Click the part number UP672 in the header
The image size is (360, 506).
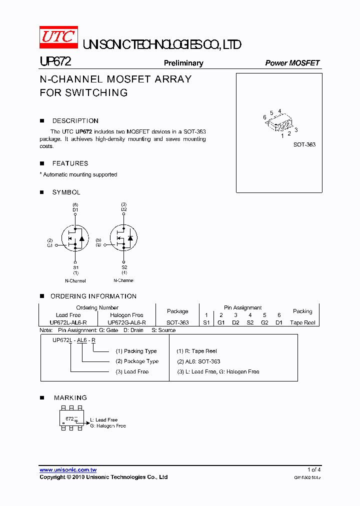pyautogui.click(x=55, y=62)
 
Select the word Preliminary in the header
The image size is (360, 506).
pyautogui.click(x=183, y=63)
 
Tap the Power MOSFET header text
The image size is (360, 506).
pyautogui.click(x=292, y=63)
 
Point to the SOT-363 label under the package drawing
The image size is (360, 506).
pyautogui.click(x=304, y=144)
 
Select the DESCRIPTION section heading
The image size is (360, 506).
pyautogui.click(x=75, y=121)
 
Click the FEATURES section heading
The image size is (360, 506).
pyautogui.click(x=70, y=163)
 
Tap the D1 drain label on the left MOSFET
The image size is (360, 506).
pyautogui.click(x=75, y=210)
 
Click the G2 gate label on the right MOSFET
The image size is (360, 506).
pyautogui.click(x=98, y=245)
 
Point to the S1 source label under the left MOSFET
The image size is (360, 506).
pyautogui.click(x=75, y=267)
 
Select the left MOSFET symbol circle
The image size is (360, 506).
pyautogui.click(x=75, y=238)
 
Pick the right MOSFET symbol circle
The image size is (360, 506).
pyautogui.click(x=123, y=238)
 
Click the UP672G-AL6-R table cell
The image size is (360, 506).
pyautogui.click(x=126, y=322)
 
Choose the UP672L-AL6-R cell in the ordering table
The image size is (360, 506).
pyautogui.click(x=68, y=322)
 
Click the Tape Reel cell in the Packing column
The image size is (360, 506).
pyautogui.click(x=302, y=322)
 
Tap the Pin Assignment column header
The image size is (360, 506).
pyautogui.click(x=242, y=307)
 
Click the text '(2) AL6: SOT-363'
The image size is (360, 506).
pyautogui.click(x=198, y=361)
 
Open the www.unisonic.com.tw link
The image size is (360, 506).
pyautogui.click(x=68, y=469)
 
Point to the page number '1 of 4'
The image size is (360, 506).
pyautogui.click(x=314, y=469)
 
